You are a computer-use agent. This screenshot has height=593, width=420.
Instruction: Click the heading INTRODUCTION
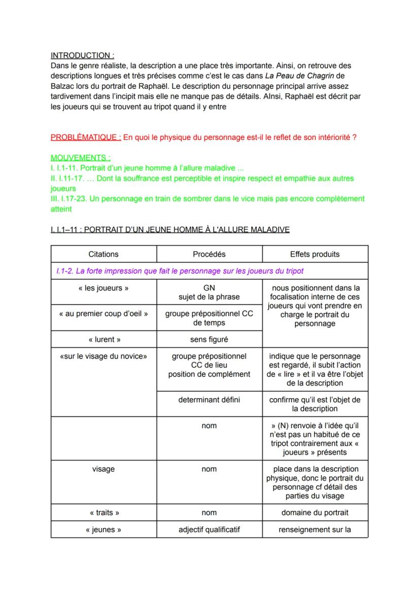[x=82, y=55]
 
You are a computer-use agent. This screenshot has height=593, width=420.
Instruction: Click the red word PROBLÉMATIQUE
[x=86, y=138]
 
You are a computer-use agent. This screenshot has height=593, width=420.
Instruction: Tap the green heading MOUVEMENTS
[x=80, y=158]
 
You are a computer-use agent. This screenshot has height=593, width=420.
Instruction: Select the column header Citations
[x=103, y=254]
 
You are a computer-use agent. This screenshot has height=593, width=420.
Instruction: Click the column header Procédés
[x=209, y=254]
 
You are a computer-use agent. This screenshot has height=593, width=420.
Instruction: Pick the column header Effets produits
[x=314, y=254]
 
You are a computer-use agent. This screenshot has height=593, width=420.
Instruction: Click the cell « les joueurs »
[x=103, y=288]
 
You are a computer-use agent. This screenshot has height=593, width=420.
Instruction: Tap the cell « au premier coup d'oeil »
[x=103, y=313]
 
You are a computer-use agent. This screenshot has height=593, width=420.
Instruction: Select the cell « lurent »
[x=103, y=339]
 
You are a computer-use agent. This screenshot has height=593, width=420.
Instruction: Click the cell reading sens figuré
[x=209, y=339]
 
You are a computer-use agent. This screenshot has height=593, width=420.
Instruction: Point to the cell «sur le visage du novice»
[x=103, y=356]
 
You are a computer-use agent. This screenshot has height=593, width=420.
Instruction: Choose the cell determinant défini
[x=209, y=400]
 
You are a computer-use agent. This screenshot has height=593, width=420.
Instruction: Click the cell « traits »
[x=103, y=513]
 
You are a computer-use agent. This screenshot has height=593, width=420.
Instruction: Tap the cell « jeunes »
[x=103, y=530]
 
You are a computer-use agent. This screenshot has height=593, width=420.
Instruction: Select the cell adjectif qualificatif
[x=209, y=530]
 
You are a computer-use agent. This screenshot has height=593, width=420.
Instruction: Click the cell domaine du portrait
[x=314, y=513]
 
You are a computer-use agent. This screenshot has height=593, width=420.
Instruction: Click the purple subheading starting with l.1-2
[x=180, y=271]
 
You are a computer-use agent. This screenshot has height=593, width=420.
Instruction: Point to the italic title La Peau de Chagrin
[x=297, y=76]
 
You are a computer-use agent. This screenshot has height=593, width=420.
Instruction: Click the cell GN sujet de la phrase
[x=209, y=292]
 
